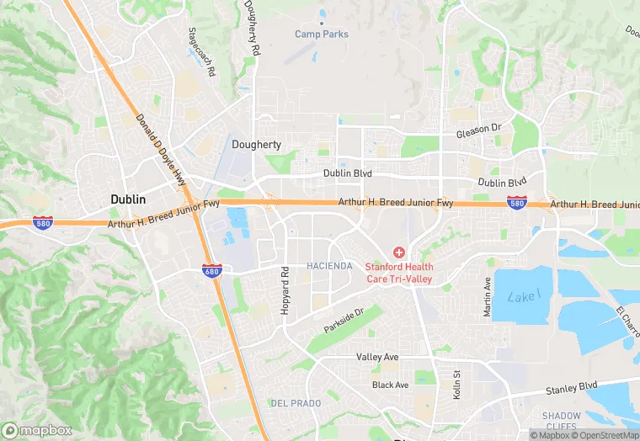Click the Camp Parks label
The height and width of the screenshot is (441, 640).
click(x=322, y=34)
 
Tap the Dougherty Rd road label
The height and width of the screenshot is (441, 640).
click(x=252, y=29)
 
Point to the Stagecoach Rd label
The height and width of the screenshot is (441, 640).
click(x=202, y=51)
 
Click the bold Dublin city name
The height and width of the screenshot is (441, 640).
click(x=128, y=199)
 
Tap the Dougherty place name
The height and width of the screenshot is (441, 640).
click(x=256, y=145)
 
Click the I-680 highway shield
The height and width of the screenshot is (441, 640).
click(x=211, y=269)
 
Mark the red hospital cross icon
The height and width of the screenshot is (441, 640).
click(x=398, y=252)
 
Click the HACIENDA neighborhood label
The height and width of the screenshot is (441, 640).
click(x=329, y=266)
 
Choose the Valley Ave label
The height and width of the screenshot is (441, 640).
click(x=376, y=357)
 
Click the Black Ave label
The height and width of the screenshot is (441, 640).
click(x=390, y=385)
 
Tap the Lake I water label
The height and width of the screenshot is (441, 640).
click(x=523, y=295)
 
